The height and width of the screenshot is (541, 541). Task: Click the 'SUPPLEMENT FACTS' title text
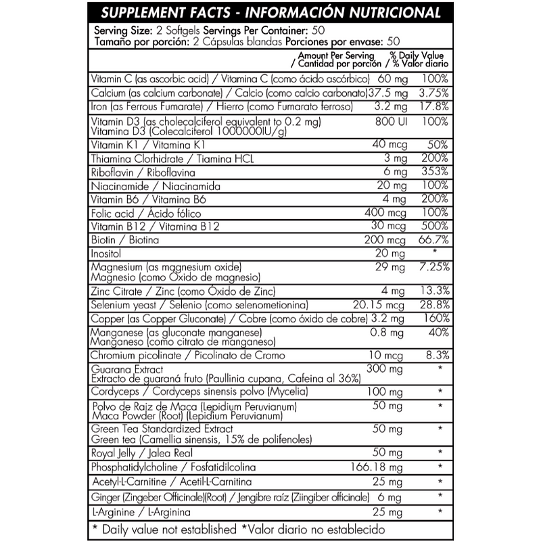click(x=169, y=13)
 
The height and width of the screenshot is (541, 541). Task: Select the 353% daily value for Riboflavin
click(x=434, y=172)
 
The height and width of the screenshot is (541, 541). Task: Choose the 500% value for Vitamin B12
click(x=434, y=226)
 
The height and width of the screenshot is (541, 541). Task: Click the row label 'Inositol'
click(x=109, y=253)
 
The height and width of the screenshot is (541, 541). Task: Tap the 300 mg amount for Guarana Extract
click(x=385, y=368)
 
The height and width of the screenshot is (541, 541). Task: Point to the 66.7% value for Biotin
click(x=433, y=239)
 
